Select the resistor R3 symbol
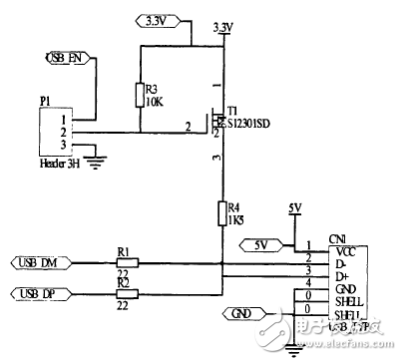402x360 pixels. tap(140, 96)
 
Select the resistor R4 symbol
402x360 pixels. tap(224, 213)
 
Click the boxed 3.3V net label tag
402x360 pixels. tap(156, 19)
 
